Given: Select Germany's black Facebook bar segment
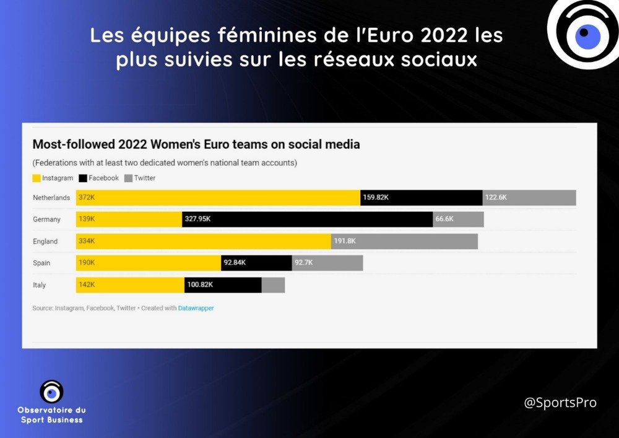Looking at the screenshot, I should point(307,219).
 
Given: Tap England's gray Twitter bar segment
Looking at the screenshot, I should point(404,241).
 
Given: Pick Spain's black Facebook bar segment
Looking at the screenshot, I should point(256,263).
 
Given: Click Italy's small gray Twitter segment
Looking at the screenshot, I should point(273,285).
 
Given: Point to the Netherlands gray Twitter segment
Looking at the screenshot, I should point(529,198).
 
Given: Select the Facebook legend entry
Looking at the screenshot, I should point(99,178).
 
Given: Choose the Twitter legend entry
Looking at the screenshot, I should point(141,178).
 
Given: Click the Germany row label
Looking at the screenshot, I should point(47,219).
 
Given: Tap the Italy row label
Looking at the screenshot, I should point(40,285).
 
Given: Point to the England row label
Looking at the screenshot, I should point(45,241).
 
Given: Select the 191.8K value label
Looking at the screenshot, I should point(345,241).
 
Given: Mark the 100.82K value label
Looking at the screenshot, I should point(200,285).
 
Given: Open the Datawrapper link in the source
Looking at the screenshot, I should point(196,308).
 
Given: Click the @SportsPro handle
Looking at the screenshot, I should point(560,403).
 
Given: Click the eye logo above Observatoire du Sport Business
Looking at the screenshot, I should point(51,392).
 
